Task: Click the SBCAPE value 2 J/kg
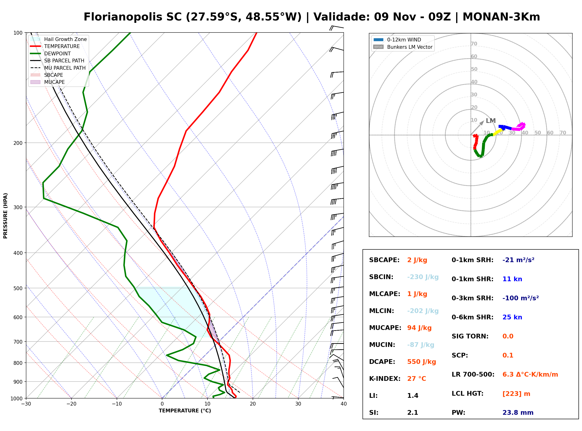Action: pyautogui.click(x=417, y=260)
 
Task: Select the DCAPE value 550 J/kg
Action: pyautogui.click(x=422, y=362)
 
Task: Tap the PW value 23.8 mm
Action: pyautogui.click(x=518, y=413)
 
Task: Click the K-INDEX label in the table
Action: pyautogui.click(x=385, y=379)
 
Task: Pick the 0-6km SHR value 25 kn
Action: pyautogui.click(x=512, y=317)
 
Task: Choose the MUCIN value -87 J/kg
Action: pyautogui.click(x=421, y=345)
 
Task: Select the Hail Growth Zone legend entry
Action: pyautogui.click(x=58, y=39)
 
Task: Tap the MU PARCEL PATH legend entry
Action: pyautogui.click(x=58, y=68)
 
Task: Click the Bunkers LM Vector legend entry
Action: pyautogui.click(x=403, y=47)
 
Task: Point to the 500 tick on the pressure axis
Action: pyautogui.click(x=20, y=288)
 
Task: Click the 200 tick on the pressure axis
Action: pyautogui.click(x=20, y=143)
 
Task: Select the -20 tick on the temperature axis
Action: pyautogui.click(x=71, y=404)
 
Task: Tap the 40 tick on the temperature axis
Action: pyautogui.click(x=344, y=404)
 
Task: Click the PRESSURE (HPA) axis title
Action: pyautogui.click(x=5, y=216)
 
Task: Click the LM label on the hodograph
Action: pyautogui.click(x=491, y=121)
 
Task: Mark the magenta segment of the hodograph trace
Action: pyautogui.click(x=519, y=127)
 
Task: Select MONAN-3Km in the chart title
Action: pyautogui.click(x=501, y=17)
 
